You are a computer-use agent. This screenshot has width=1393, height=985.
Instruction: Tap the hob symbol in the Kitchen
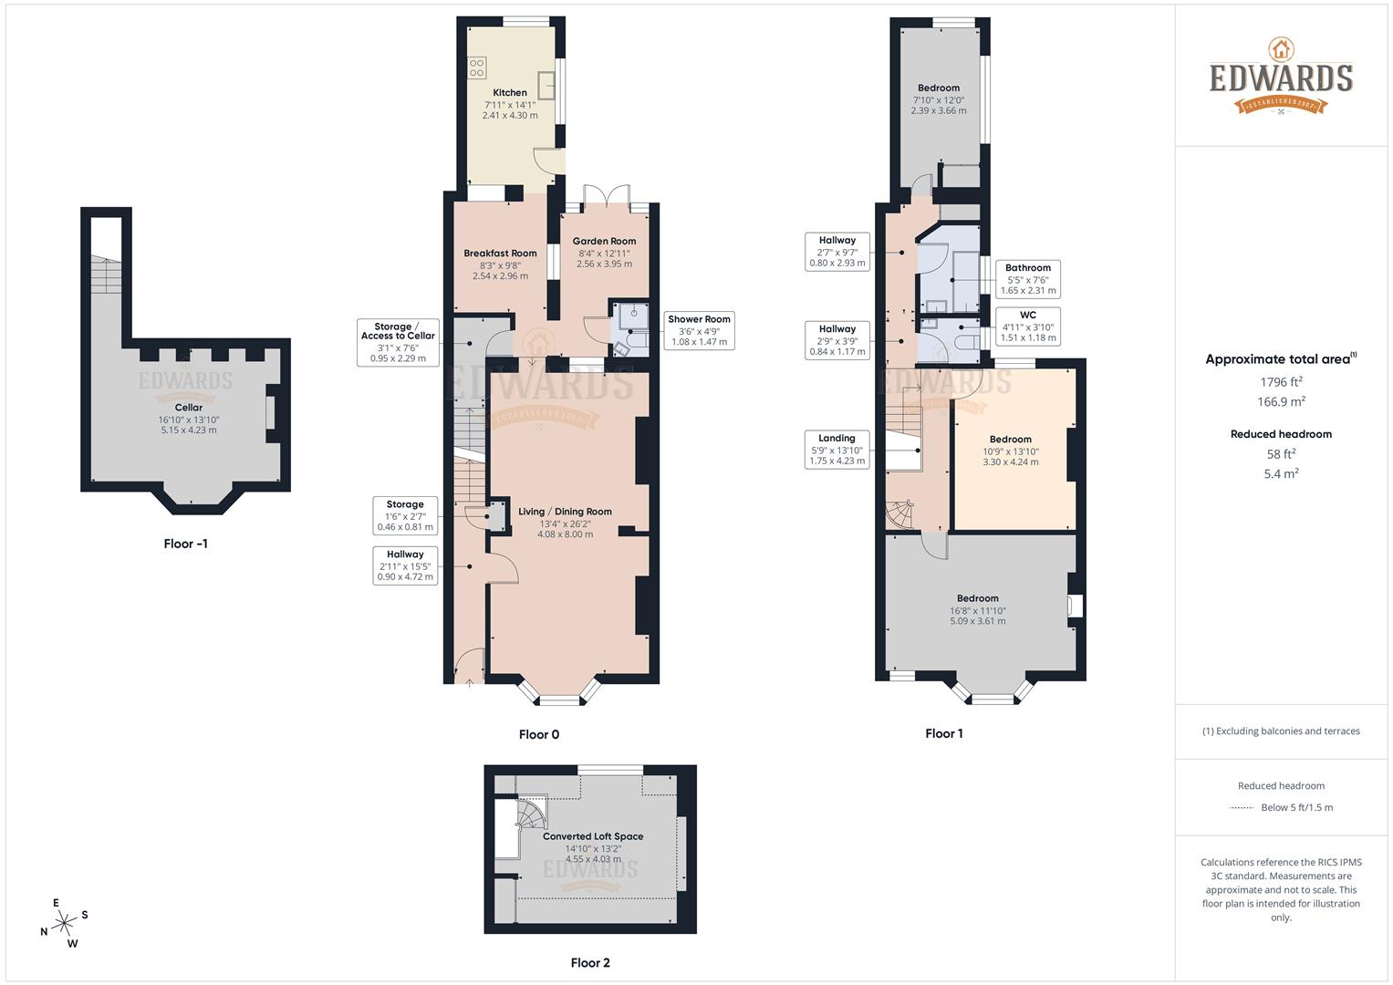pyautogui.click(x=476, y=67)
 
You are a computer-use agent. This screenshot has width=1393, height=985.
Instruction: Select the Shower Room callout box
pyautogui.click(x=699, y=331)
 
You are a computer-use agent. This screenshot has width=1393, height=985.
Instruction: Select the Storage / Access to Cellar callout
pyautogui.click(x=398, y=342)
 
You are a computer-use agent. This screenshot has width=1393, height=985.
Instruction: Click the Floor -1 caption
pyautogui.click(x=186, y=544)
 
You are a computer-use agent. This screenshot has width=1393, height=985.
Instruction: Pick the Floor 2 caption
pyautogui.click(x=590, y=962)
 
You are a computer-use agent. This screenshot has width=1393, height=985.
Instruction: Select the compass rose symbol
pyautogui.click(x=65, y=924)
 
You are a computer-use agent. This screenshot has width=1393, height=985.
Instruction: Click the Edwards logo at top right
pyautogui.click(x=1281, y=78)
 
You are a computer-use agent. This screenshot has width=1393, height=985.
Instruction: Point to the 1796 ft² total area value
pyautogui.click(x=1281, y=381)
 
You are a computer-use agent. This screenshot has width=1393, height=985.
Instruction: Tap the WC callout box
pyautogui.click(x=1027, y=327)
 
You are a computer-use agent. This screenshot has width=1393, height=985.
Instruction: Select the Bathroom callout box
pyautogui.click(x=1027, y=279)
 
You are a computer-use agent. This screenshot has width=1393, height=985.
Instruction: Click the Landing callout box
pyautogui.click(x=837, y=450)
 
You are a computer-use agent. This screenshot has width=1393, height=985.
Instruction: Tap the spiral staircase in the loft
pyautogui.click(x=531, y=811)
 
